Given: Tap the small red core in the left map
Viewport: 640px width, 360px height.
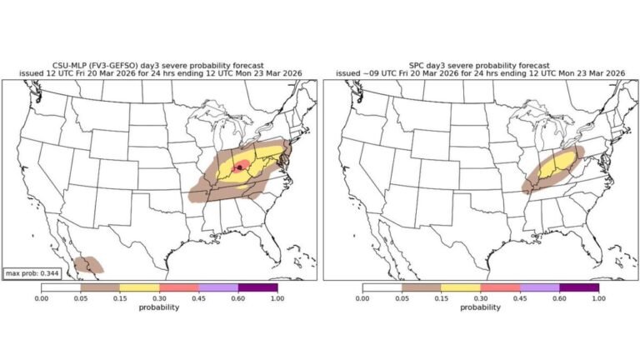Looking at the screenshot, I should [x=240, y=166].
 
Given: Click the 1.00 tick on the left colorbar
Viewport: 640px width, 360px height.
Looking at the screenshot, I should [x=277, y=297].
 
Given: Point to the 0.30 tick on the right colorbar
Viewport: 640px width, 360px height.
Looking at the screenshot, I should [x=481, y=297].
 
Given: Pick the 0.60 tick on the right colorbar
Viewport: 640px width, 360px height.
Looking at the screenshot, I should [x=559, y=297].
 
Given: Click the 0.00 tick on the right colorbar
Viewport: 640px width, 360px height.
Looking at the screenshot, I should [x=362, y=297].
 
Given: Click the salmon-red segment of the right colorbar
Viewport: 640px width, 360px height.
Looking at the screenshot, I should [x=500, y=287].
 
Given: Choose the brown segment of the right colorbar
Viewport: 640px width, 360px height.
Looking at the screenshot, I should [x=421, y=287].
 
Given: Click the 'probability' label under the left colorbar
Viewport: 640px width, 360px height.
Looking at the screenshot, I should [x=159, y=307].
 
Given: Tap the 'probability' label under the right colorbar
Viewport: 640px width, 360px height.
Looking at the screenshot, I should [x=480, y=307].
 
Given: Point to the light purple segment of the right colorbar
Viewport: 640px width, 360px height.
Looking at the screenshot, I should [x=539, y=287].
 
